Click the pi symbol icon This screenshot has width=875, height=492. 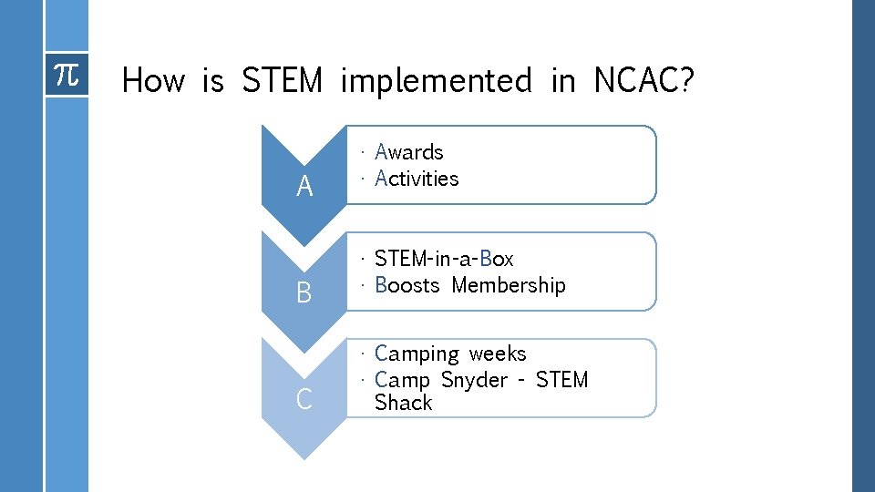click(x=67, y=75)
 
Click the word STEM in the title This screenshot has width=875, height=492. click(x=282, y=81)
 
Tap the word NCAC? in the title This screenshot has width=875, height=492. click(x=643, y=81)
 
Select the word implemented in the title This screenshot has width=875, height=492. click(x=436, y=82)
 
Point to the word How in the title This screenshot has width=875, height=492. click(x=152, y=81)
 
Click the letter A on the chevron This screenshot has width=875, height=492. click(x=304, y=187)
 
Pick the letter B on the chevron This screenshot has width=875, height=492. click(x=304, y=293)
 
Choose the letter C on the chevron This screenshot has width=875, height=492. click(x=304, y=399)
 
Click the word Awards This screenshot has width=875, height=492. click(x=408, y=152)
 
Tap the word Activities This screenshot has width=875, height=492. click(x=417, y=179)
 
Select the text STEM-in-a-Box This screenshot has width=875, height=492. click(x=444, y=259)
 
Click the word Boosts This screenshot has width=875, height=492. click(x=407, y=285)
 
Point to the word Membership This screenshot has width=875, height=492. click(x=509, y=285)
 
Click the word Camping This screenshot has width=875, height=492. click(x=417, y=354)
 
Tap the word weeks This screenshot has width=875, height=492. click(x=498, y=353)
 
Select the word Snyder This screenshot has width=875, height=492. click(x=474, y=379)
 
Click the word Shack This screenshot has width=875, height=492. click(x=403, y=403)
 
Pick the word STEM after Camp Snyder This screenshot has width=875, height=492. click(x=561, y=379)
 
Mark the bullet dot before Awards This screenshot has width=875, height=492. click(x=363, y=153)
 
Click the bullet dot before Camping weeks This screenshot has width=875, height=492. click(x=363, y=354)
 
